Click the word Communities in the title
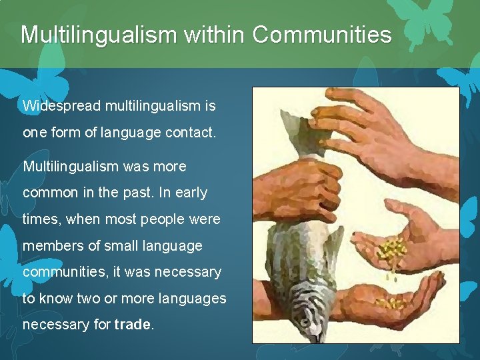tap(322, 34)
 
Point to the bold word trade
tap(133, 325)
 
